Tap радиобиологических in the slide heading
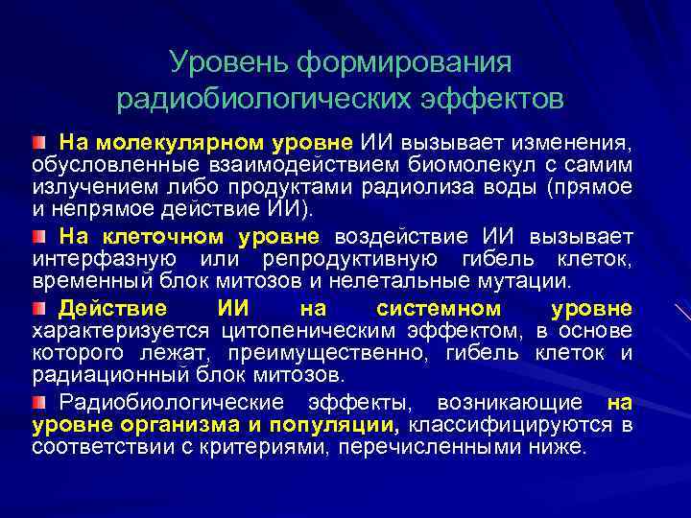(x=263, y=99)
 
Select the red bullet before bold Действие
(x=37, y=308)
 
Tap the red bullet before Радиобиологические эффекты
(x=37, y=401)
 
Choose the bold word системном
(x=439, y=308)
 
